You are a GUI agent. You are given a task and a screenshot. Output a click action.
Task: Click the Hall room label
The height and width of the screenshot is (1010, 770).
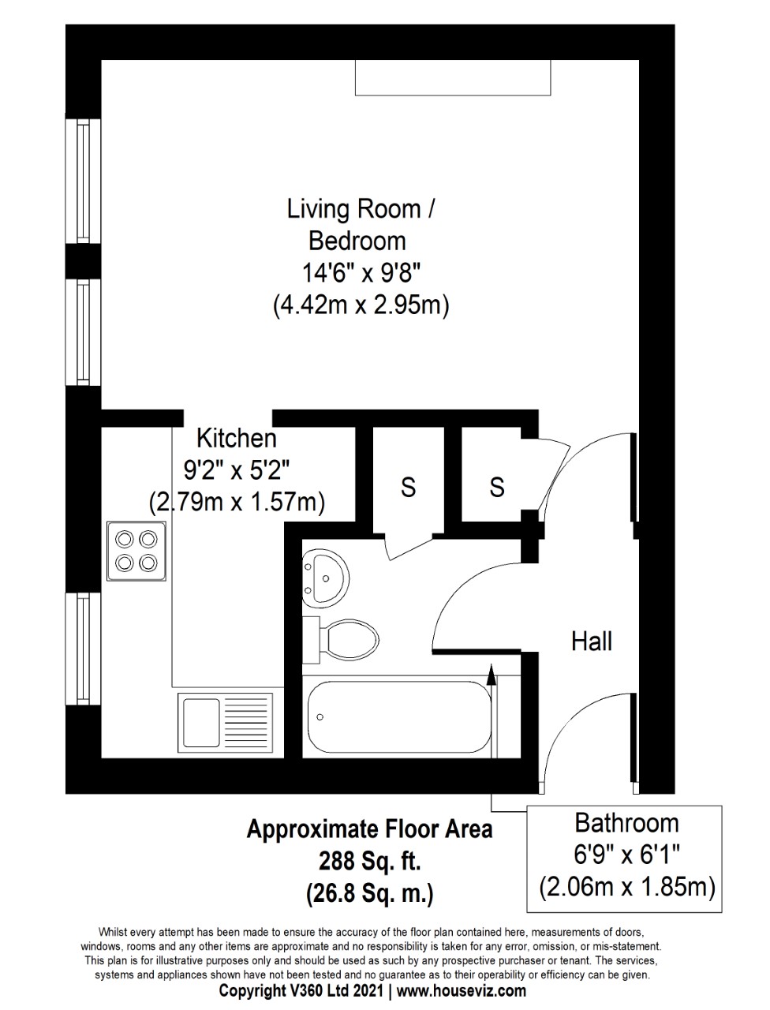[591, 642]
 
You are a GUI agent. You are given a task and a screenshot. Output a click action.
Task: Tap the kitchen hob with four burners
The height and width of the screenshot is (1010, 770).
[136, 551]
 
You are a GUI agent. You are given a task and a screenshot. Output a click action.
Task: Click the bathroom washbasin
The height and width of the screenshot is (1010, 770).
[325, 577]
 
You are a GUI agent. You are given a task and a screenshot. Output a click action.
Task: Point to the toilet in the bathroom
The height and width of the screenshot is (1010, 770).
[340, 640]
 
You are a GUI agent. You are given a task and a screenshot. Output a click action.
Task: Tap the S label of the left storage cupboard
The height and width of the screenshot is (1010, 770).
[408, 486]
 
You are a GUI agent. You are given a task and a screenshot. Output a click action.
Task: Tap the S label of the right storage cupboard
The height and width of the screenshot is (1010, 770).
[497, 486]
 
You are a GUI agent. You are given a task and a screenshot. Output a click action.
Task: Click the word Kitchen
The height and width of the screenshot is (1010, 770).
[237, 438]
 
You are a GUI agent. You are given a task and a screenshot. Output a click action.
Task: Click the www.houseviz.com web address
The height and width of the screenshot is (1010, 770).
[462, 990]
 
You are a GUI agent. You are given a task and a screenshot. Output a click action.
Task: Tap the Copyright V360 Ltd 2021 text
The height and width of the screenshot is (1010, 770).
[301, 990]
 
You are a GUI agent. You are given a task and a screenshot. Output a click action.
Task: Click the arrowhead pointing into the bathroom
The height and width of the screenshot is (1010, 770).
[492, 674]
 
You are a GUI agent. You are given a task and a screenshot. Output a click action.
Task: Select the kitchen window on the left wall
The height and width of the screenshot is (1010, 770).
[84, 649]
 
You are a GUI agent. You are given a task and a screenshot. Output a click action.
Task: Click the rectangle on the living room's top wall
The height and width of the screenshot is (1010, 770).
[453, 77]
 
